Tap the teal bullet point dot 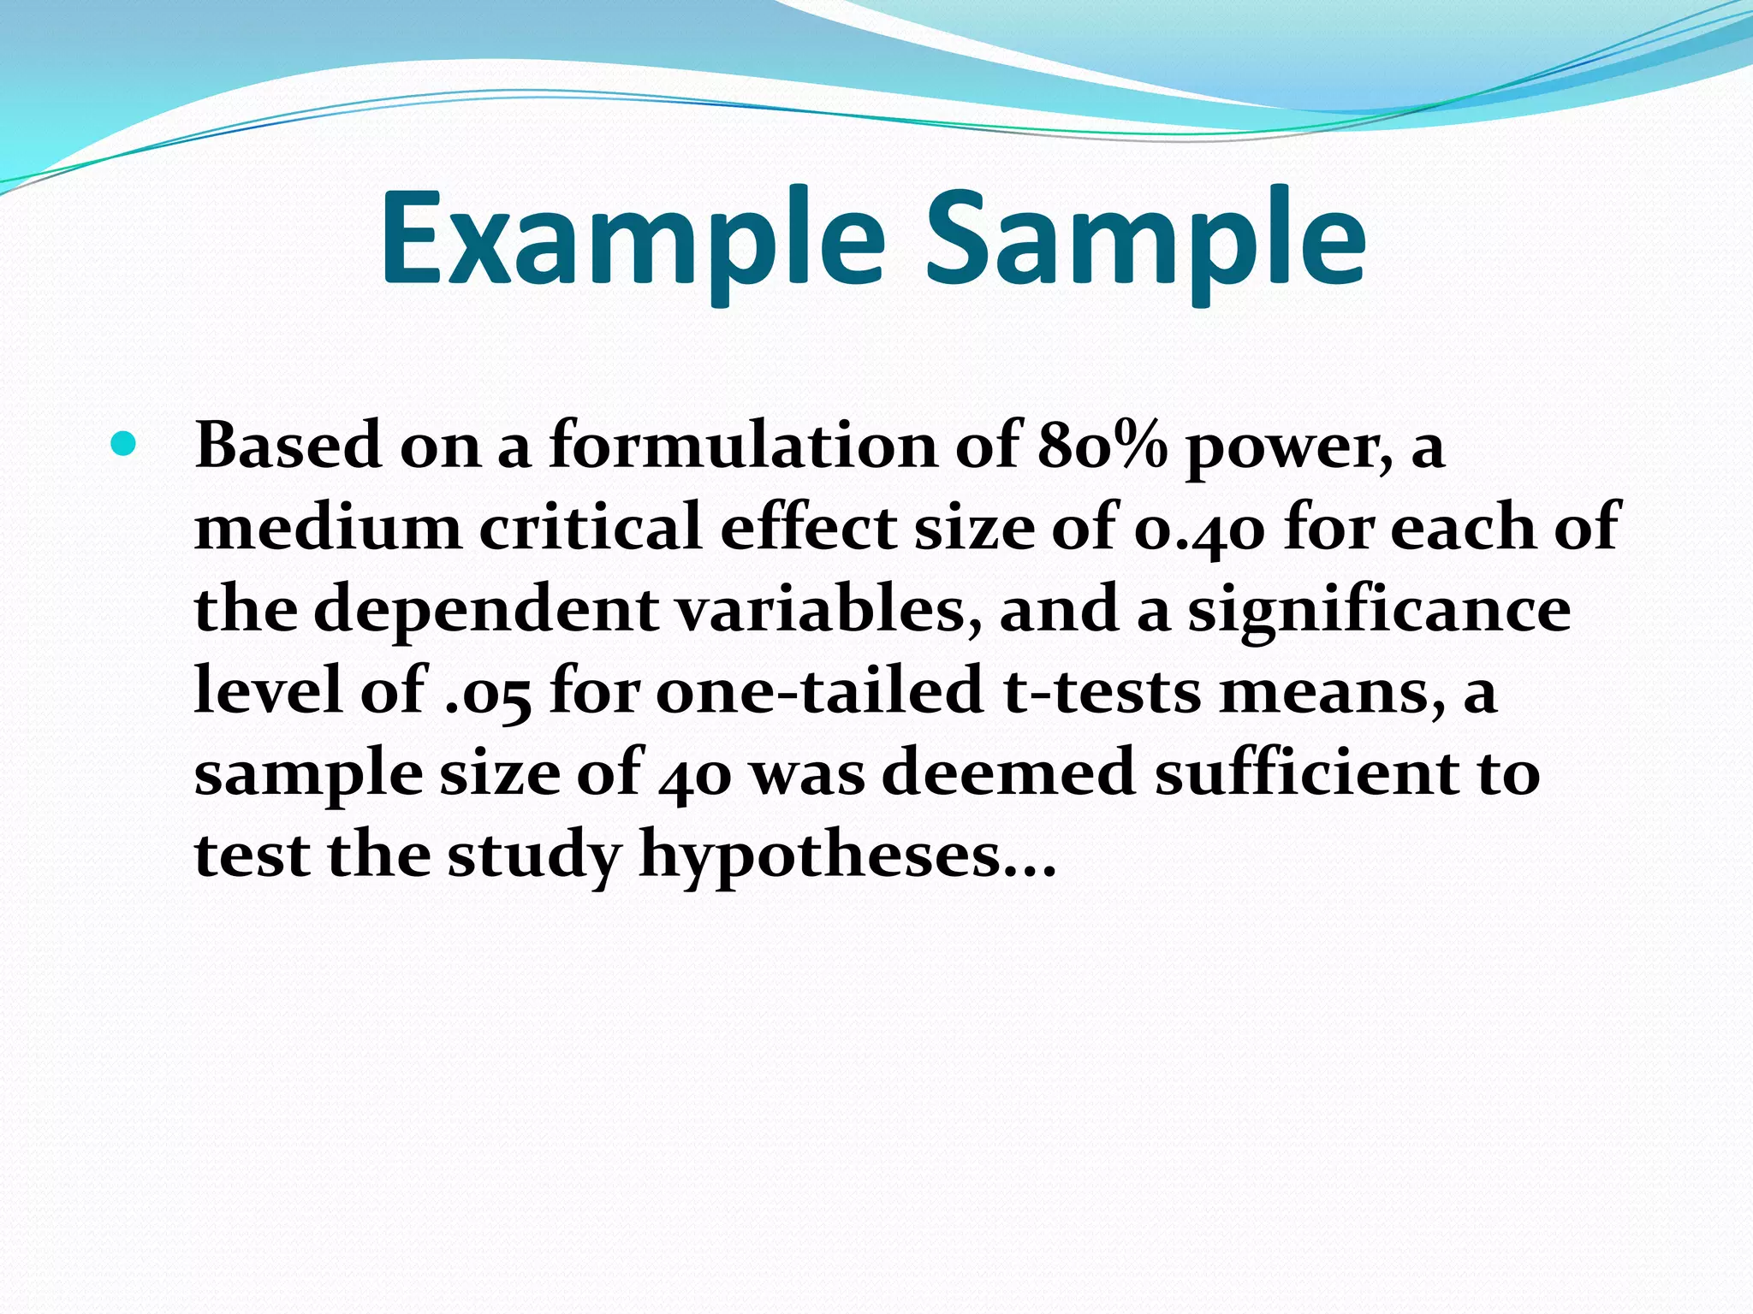pyautogui.click(x=123, y=444)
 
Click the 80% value pyautogui.click(x=1102, y=447)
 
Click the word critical pyautogui.click(x=591, y=527)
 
